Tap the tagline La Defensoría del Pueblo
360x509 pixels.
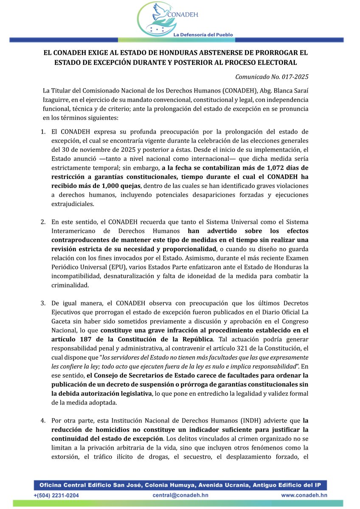coord(202,34)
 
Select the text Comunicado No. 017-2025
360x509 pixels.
coord(272,77)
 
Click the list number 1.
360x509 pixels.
coord(43,132)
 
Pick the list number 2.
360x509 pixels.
coord(43,222)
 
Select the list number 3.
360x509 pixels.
coord(43,303)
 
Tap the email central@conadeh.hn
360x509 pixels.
coord(178,495)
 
